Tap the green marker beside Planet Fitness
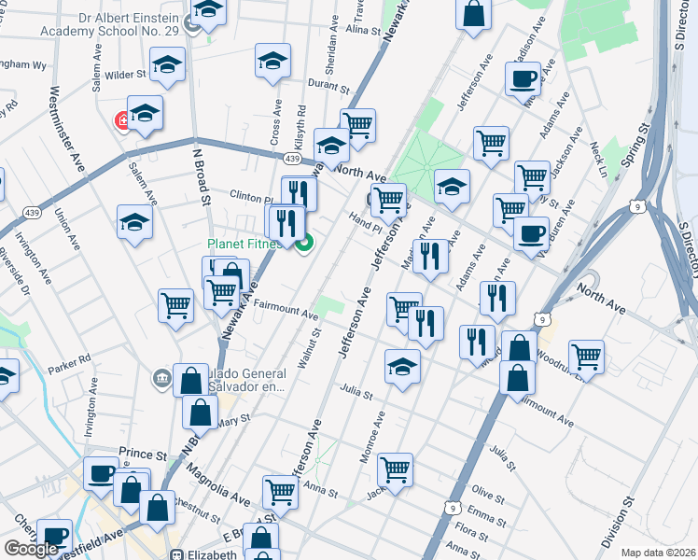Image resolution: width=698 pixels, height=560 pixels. (x=303, y=245)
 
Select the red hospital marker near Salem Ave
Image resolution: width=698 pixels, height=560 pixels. (x=122, y=120)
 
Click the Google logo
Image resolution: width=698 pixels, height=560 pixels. (x=32, y=549)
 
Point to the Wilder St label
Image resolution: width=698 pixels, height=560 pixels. (x=126, y=73)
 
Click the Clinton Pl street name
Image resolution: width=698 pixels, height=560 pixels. (x=250, y=197)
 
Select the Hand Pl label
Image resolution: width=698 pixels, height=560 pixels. (x=367, y=218)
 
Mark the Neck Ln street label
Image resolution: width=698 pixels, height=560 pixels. (x=598, y=160)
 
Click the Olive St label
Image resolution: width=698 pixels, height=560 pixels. (x=486, y=491)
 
